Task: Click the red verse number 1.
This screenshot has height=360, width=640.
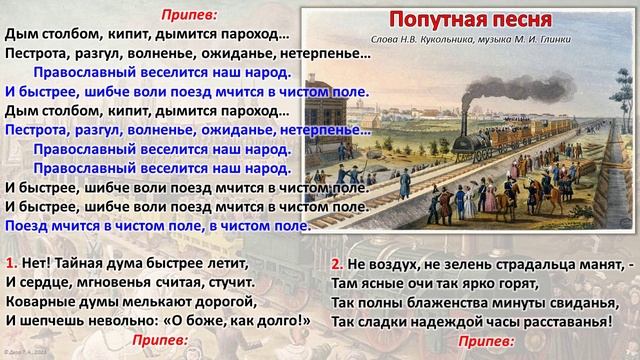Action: [9, 263]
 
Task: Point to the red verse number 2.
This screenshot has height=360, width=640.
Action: [337, 263]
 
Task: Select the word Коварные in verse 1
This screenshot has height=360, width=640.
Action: [39, 301]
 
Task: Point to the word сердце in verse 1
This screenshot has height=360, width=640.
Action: [47, 282]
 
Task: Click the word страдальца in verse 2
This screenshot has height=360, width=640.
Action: [521, 263]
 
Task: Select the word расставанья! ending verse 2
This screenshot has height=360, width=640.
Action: [559, 320]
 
